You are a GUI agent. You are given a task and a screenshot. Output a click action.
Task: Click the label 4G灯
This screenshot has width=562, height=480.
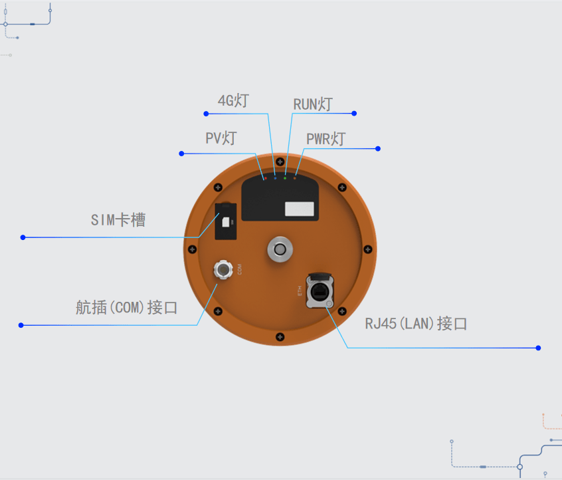pos(233,101)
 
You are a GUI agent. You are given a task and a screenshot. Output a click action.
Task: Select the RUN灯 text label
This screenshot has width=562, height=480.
pos(312,104)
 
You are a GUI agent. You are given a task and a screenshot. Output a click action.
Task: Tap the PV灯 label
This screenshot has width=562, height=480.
pos(221,138)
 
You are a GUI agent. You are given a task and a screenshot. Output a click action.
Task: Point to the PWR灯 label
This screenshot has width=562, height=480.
pos(326,140)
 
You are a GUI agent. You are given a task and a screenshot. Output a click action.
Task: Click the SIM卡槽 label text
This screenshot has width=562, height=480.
pos(118,220)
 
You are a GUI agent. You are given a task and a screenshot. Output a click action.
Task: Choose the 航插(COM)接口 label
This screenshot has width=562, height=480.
pos(127,308)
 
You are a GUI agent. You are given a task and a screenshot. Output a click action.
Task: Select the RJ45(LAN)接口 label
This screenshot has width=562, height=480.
pos(417,324)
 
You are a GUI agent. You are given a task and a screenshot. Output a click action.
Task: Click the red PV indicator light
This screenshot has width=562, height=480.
pos(265,178)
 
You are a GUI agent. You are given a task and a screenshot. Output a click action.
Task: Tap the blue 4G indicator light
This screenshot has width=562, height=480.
pos(275,178)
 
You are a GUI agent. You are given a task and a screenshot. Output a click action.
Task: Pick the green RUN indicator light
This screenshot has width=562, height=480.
pos(285,178)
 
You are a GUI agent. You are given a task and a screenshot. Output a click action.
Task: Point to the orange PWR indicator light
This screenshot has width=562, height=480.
pos(295,178)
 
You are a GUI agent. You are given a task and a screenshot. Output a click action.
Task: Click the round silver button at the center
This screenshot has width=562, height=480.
pos(280,249)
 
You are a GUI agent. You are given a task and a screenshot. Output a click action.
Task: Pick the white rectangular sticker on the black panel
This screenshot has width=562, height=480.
pos(299,209)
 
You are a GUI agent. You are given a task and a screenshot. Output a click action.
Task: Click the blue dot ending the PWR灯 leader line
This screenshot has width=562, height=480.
pos(378,148)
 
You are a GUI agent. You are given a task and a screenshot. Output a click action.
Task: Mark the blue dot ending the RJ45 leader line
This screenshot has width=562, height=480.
pos(538,348)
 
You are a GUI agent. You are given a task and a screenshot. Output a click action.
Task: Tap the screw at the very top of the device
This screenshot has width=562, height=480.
pos(280,162)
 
